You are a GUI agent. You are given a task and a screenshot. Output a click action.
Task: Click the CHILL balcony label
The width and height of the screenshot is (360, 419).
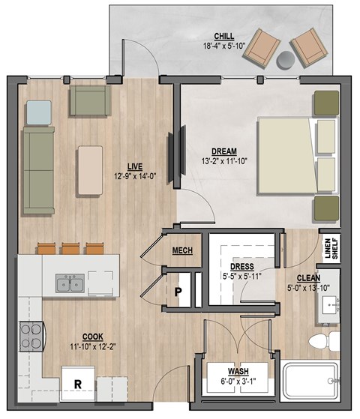(x=223, y=35)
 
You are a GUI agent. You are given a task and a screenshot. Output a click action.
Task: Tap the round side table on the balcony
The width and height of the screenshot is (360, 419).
(x=287, y=59)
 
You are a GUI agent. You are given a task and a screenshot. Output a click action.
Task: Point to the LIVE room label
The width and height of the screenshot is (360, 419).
(x=135, y=166)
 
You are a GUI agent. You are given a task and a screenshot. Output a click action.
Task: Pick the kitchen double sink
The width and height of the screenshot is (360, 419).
(x=69, y=284)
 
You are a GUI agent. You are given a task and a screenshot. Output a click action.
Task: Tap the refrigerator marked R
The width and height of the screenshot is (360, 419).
(x=76, y=384)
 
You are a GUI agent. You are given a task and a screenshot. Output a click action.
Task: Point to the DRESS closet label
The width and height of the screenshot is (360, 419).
(x=242, y=267)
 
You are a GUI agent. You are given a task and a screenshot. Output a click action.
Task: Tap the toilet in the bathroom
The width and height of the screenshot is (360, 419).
(x=319, y=343)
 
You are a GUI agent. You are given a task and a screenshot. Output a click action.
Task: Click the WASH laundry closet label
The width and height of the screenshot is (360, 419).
(x=238, y=371)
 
